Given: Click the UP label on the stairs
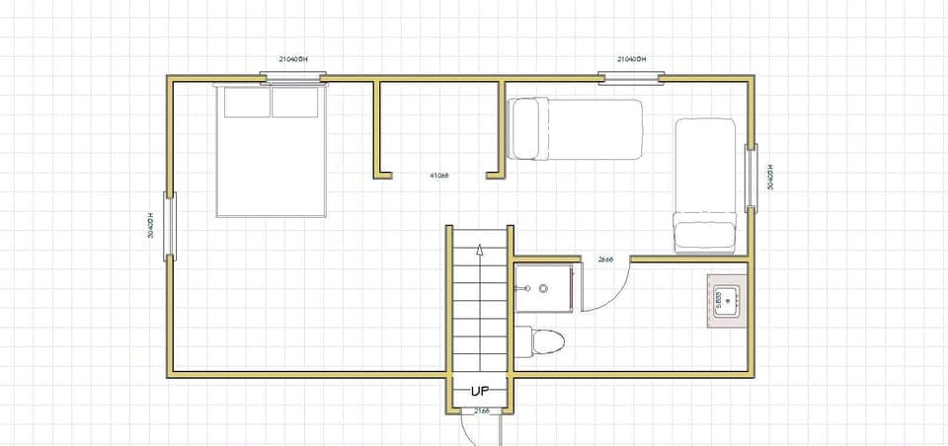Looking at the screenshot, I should pyautogui.click(x=479, y=391).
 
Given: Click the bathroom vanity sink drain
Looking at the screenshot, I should pyautogui.click(x=542, y=288).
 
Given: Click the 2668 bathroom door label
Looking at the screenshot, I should pyautogui.click(x=605, y=260).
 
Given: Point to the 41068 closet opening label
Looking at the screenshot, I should pyautogui.click(x=439, y=176).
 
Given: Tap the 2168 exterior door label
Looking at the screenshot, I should pyautogui.click(x=481, y=409).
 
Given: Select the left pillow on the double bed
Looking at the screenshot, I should pyautogui.click(x=246, y=103).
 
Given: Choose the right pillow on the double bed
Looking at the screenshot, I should pyautogui.click(x=295, y=103).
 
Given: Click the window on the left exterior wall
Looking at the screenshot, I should pyautogui.click(x=170, y=226).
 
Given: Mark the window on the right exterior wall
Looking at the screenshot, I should pyautogui.click(x=752, y=177).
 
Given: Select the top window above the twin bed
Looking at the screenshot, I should pyautogui.click(x=631, y=76).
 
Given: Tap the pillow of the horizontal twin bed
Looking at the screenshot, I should pyautogui.click(x=523, y=128).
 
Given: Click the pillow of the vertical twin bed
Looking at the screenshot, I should pyautogui.click(x=705, y=236).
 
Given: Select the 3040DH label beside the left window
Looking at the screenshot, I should pyautogui.click(x=151, y=226).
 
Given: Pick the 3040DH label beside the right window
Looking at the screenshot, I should pyautogui.click(x=770, y=177).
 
